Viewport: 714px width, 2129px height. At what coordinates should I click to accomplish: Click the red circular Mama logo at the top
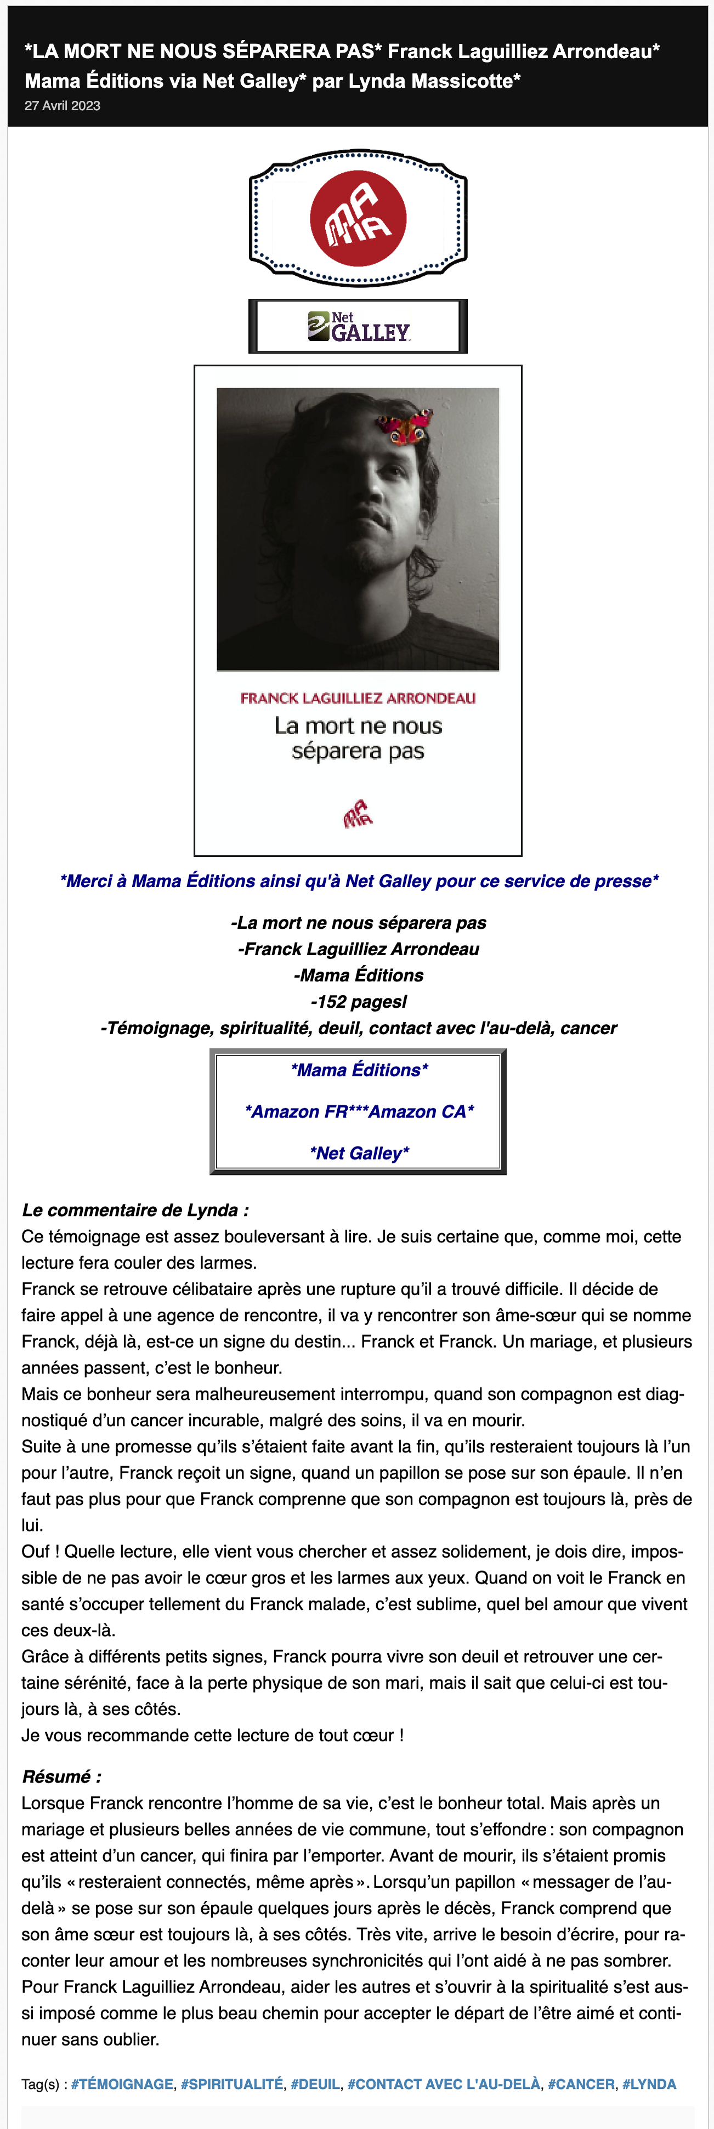point(358,218)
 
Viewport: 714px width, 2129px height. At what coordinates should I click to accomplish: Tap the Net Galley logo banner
point(358,326)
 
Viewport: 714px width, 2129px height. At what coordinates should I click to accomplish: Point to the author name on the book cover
point(358,699)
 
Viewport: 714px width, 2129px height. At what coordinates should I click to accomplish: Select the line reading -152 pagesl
point(359,1002)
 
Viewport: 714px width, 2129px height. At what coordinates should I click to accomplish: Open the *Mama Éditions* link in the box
point(359,1070)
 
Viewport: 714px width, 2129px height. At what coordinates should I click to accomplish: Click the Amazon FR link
point(299,1111)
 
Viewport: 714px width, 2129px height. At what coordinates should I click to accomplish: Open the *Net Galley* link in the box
point(359,1153)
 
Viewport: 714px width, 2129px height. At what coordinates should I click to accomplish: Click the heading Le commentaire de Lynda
point(135,1210)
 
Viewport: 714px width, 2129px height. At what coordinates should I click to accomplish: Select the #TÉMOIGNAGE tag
point(122,2085)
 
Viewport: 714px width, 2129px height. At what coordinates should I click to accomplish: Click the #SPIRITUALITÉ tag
point(232,2085)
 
